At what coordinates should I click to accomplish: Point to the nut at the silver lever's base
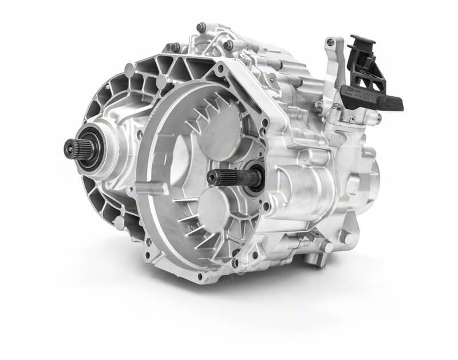pos(318,105)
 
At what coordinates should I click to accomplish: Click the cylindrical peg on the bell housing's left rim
pos(143,188)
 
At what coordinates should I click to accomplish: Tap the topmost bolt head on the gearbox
pos(201,26)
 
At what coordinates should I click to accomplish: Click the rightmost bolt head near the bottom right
pos(345,235)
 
